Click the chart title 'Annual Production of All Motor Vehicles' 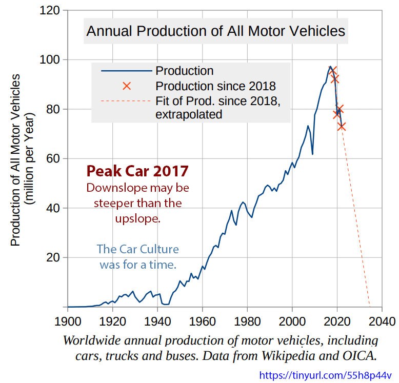(215, 31)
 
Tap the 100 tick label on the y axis (50, 60)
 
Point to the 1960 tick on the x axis (202, 322)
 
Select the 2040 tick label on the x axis (383, 322)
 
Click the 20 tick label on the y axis (53, 257)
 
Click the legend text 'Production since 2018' (215, 86)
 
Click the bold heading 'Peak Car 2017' (137, 170)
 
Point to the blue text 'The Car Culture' (137, 250)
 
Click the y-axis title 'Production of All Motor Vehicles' (16, 159)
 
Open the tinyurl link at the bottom (326, 375)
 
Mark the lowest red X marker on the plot (342, 126)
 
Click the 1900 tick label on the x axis (67, 322)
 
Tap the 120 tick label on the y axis (50, 10)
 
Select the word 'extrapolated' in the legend (189, 114)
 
